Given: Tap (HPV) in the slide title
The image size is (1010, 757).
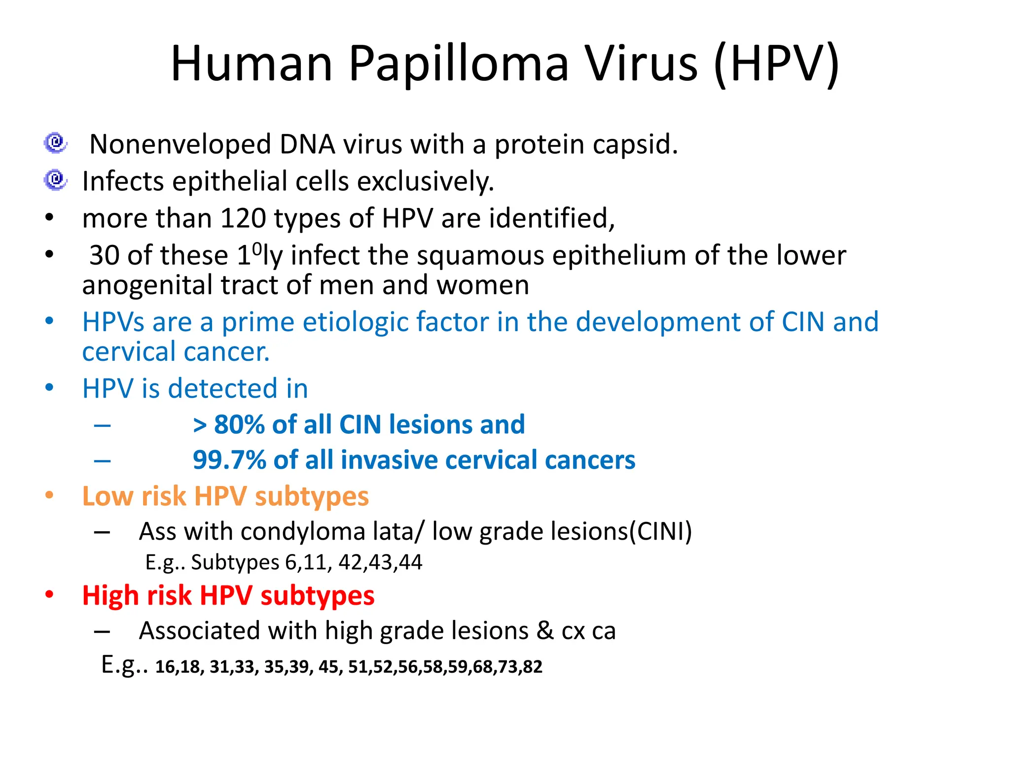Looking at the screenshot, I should pos(776,64).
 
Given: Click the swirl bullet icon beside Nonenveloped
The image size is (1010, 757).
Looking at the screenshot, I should pos(56,143).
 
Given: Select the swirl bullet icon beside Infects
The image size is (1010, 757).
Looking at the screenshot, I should pos(56,180).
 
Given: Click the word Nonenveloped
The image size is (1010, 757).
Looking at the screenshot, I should pos(180,144).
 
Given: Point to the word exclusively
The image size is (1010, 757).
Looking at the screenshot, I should pos(425,181).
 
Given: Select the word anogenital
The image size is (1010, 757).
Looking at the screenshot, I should pos(147,285).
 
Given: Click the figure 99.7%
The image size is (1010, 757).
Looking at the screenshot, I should pos(229,460).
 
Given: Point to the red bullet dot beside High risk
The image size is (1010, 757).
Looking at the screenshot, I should pos(49,594).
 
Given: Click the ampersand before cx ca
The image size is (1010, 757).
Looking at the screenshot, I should pos(545,631).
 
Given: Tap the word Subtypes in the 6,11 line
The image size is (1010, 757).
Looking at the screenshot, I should pos(235,562).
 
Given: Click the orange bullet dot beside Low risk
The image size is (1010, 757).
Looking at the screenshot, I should pos(49,495).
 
